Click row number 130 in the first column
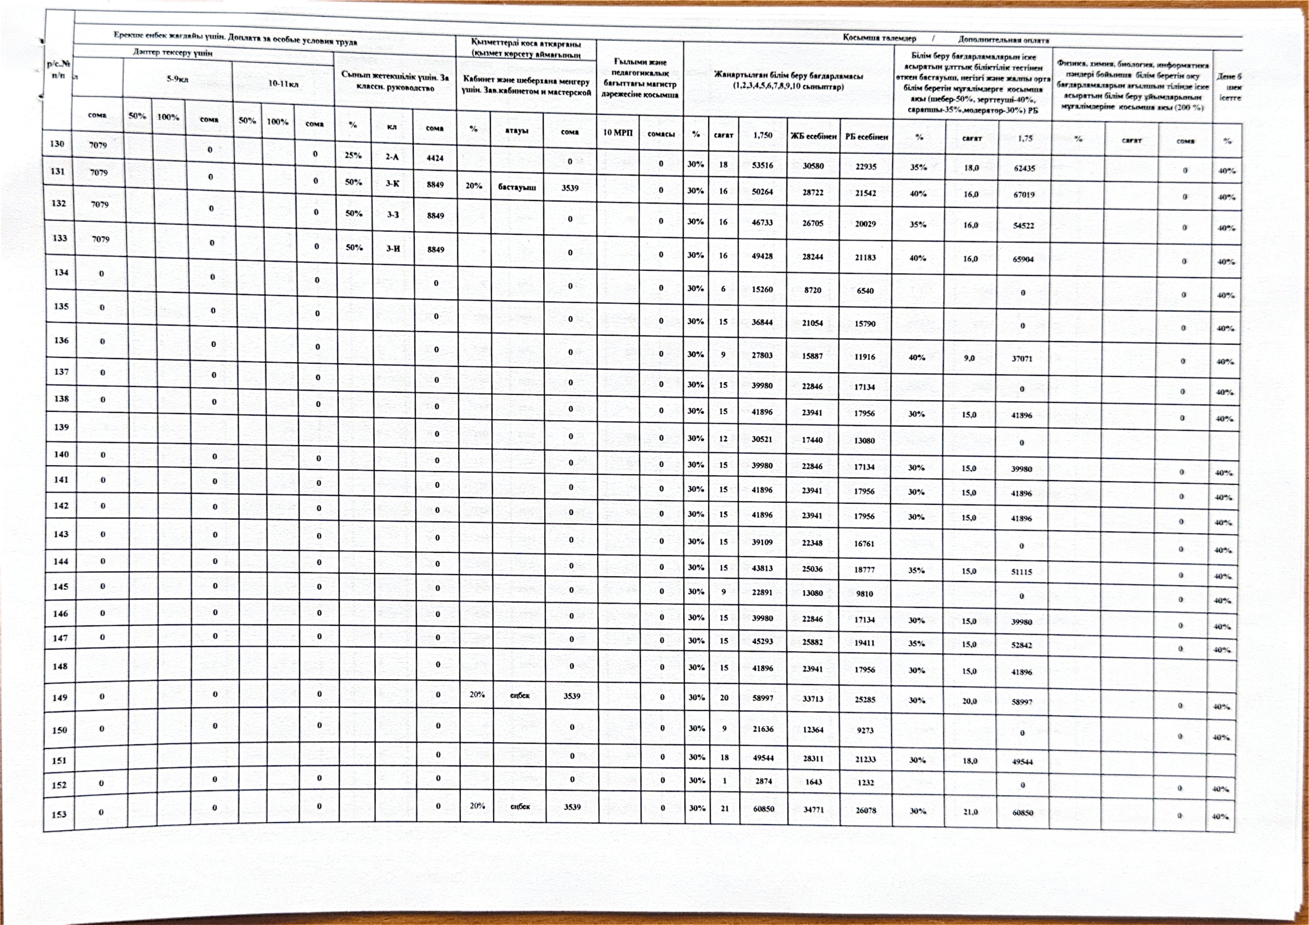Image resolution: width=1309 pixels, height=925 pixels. [x=57, y=144]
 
